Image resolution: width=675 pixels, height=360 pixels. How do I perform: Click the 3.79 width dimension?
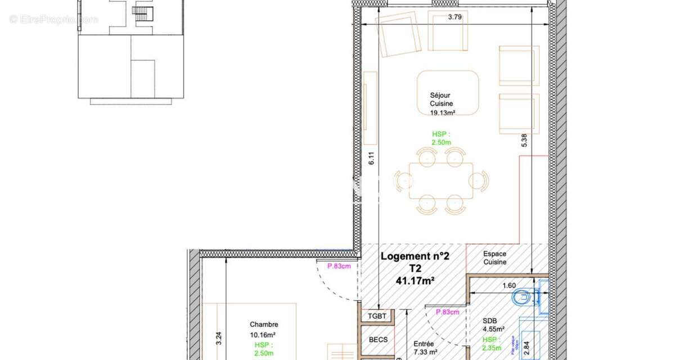click(x=454, y=17)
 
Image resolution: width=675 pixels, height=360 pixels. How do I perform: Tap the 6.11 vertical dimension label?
click(x=371, y=159)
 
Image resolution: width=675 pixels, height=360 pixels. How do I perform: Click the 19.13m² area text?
click(x=442, y=112)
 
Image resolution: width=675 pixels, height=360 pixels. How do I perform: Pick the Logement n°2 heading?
click(x=415, y=256)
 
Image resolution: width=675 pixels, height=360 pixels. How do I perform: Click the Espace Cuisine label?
click(x=495, y=258)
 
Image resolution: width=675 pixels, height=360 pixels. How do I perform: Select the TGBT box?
click(x=377, y=316)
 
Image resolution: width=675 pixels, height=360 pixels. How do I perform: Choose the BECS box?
click(x=377, y=340)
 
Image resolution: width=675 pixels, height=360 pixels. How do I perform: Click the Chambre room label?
click(x=264, y=325)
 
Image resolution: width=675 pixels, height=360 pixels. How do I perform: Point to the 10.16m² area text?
click(x=264, y=335)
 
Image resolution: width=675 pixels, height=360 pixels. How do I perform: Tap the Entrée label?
click(x=424, y=344)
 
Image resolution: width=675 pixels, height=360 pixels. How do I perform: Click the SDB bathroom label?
click(x=489, y=321)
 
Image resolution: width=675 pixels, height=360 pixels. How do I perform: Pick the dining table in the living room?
click(x=441, y=180)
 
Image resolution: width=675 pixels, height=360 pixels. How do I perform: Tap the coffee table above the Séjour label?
click(x=448, y=84)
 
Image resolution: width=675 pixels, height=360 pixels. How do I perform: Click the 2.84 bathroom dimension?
click(x=527, y=348)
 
